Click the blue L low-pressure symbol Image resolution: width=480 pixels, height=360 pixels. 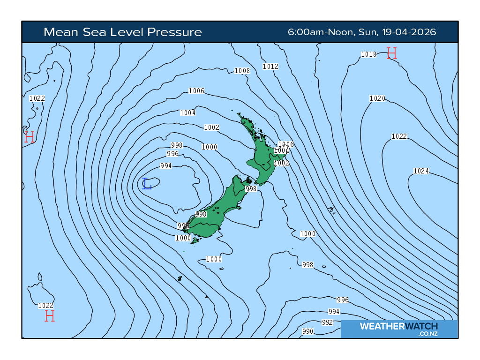[x=147, y=184]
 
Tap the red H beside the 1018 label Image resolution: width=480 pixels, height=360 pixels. [x=392, y=53]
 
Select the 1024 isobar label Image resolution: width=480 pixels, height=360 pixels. [x=421, y=171]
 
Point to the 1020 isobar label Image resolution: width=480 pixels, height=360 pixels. [x=377, y=98]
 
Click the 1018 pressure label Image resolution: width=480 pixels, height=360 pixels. [x=369, y=54]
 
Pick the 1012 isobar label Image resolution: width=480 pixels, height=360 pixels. [x=270, y=67]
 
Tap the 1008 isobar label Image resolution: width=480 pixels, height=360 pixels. [x=242, y=71]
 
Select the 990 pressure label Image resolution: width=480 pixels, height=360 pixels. [x=308, y=331]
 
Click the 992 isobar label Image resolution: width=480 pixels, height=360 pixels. [x=327, y=322]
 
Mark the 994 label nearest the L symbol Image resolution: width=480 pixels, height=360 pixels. [x=166, y=166]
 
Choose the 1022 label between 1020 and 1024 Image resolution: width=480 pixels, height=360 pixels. [x=399, y=136]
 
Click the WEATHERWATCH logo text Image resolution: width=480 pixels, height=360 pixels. [x=399, y=326]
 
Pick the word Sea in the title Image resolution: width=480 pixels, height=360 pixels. [x=94, y=32]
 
